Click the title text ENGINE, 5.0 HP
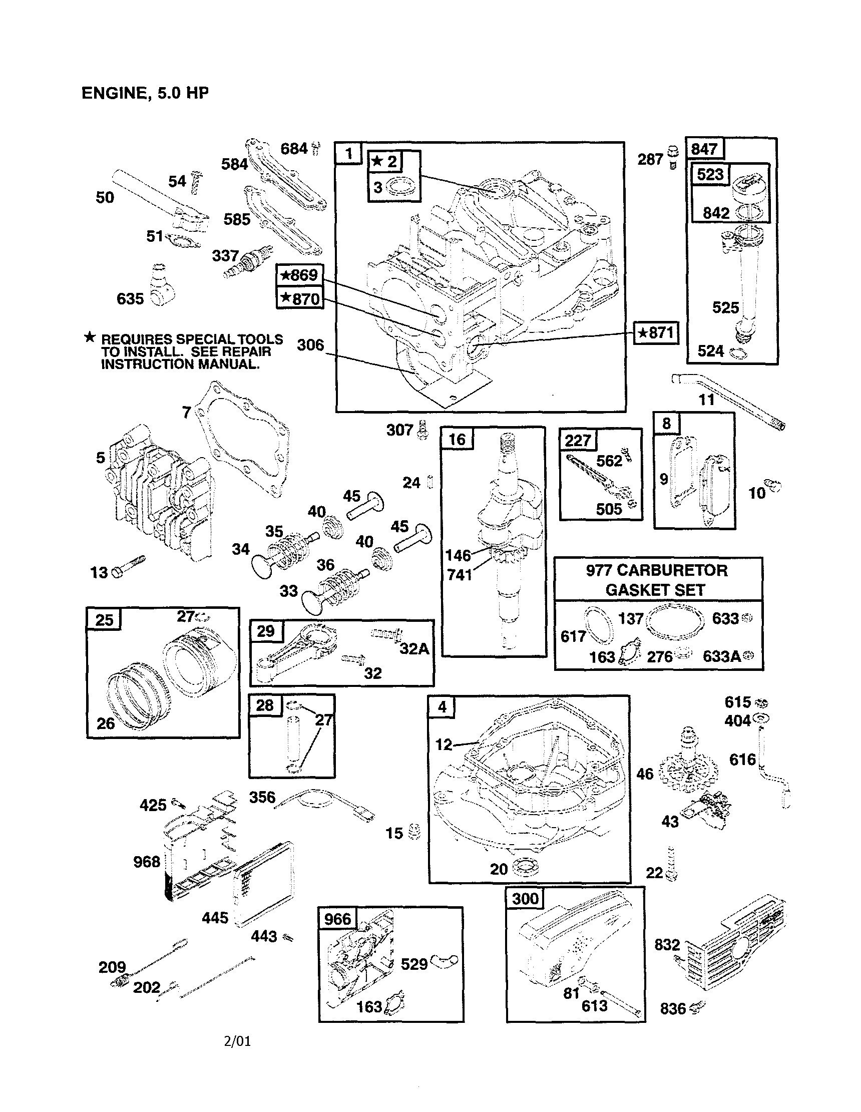tap(145, 93)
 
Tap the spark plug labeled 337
tap(248, 262)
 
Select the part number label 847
tap(704, 149)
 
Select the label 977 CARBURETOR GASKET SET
tap(657, 580)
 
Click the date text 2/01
tap(237, 1041)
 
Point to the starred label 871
tap(656, 333)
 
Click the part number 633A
tap(721, 656)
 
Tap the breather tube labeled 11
tap(728, 402)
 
